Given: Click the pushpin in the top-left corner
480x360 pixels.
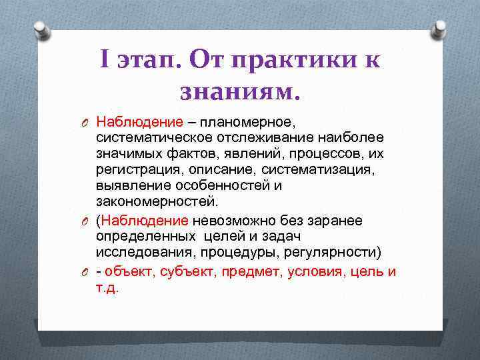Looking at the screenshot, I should [41, 30].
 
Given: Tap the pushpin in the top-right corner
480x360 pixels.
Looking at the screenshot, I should [439, 30].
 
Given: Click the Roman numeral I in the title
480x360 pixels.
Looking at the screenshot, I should [105, 61].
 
